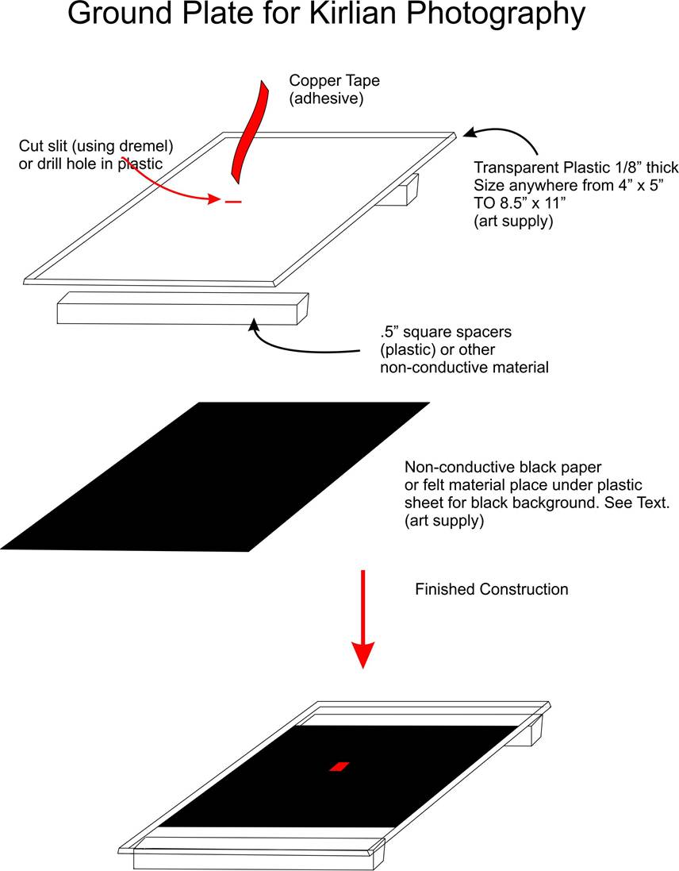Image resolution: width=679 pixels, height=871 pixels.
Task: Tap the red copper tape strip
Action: (x=249, y=132)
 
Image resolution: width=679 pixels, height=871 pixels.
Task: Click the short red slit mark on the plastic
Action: (x=233, y=202)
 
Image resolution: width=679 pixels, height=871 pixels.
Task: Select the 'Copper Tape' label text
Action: (x=335, y=80)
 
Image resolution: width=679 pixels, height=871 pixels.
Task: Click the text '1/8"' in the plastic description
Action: (x=622, y=168)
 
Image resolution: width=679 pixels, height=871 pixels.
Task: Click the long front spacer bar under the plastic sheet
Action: (x=183, y=308)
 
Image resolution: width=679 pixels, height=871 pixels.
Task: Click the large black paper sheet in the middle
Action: (x=215, y=476)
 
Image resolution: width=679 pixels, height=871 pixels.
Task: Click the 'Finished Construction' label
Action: (x=492, y=589)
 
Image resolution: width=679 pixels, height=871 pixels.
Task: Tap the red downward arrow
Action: (x=363, y=619)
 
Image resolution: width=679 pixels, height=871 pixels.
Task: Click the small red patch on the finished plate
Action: (x=339, y=766)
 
